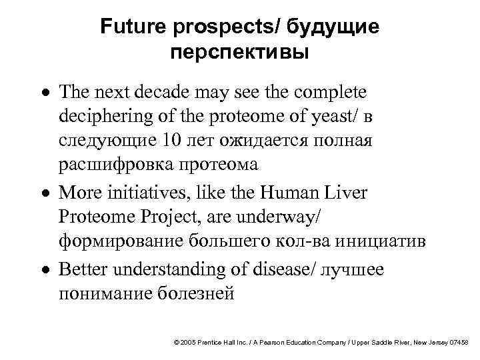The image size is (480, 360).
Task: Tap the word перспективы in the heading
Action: [x=239, y=53]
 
